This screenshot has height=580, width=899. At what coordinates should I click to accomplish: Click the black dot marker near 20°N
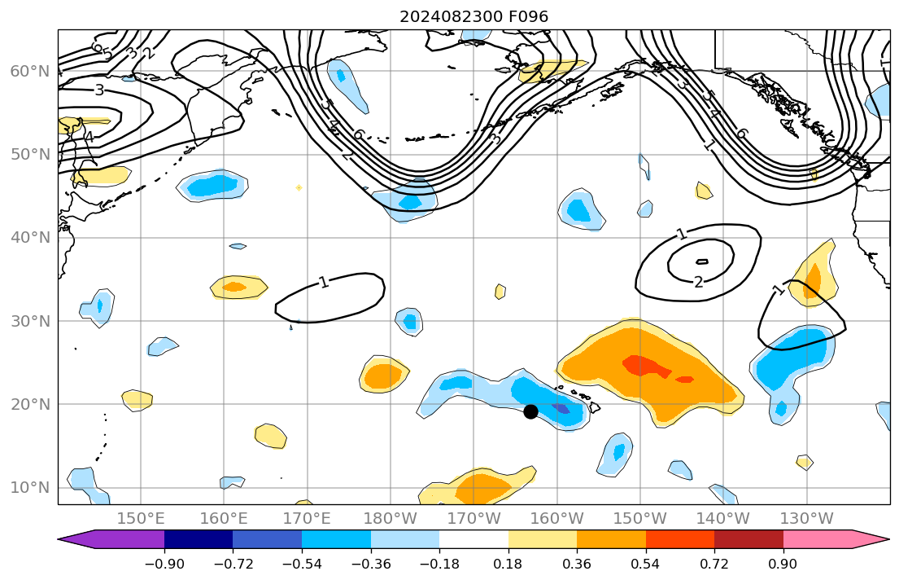tap(530, 411)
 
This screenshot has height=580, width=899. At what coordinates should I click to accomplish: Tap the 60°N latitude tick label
tap(29, 71)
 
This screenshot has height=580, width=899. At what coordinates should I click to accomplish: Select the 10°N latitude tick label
tap(29, 487)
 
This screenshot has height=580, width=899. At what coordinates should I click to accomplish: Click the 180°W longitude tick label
tap(390, 518)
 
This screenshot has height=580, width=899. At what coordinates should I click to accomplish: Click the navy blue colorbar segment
tap(199, 539)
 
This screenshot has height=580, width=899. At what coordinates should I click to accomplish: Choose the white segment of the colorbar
tap(474, 539)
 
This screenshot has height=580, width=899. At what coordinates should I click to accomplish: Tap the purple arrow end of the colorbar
tap(78, 539)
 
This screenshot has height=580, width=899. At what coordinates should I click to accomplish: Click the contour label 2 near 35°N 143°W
tap(699, 282)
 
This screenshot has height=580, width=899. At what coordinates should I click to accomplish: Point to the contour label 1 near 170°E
tap(324, 283)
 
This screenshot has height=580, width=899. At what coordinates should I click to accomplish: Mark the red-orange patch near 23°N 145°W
tap(684, 379)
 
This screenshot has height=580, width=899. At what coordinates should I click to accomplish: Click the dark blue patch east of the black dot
tap(561, 408)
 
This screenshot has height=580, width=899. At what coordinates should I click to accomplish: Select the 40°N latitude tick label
tap(29, 237)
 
